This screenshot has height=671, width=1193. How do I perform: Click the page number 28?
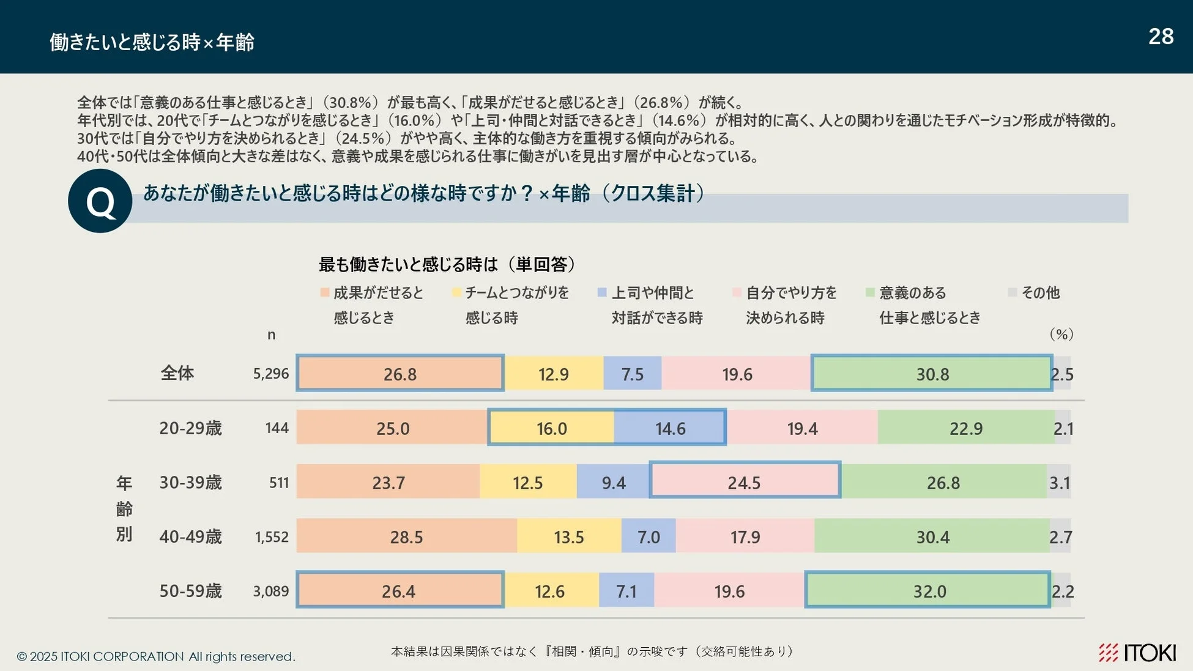pos(1161,37)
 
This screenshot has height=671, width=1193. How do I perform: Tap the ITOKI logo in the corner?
pos(1137,653)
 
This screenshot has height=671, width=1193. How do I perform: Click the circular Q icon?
pos(100,201)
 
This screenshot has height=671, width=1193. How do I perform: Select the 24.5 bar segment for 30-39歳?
pos(744,482)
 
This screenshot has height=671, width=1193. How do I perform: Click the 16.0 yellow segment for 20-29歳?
pos(551,428)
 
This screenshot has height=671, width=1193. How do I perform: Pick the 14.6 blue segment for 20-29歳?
pos(670,428)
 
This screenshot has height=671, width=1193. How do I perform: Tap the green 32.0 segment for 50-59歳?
pos(929,591)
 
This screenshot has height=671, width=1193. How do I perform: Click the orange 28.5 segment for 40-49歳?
pos(406,536)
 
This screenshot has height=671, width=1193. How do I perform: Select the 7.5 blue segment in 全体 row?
pos(632,374)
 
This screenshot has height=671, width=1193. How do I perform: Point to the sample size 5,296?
pos(270,374)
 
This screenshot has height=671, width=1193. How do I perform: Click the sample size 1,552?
pos(272,537)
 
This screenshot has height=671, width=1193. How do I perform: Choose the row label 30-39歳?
pos(190,483)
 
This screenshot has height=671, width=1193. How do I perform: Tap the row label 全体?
pos(177,373)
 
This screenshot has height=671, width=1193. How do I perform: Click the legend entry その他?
pos(1040,293)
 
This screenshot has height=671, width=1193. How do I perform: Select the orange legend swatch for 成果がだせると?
pos(325,293)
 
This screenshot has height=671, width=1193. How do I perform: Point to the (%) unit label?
pos(1061,334)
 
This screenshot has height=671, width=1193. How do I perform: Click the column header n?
pos(271,335)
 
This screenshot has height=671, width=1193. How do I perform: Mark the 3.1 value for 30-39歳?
pos(1059,483)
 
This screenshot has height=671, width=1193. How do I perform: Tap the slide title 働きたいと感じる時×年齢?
pos(152,42)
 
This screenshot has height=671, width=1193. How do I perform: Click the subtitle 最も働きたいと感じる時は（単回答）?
pos(447,264)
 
